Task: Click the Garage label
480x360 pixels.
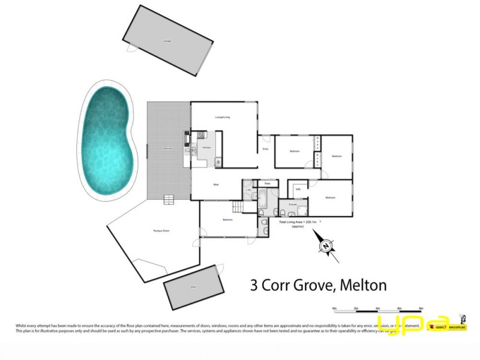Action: [167, 41]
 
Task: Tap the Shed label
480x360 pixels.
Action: [193, 288]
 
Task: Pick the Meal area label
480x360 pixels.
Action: [214, 184]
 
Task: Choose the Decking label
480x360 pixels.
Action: [167, 148]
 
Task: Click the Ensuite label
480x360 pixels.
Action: [293, 205]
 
